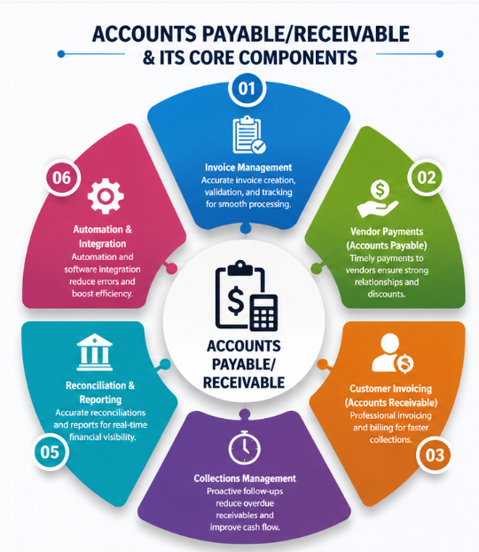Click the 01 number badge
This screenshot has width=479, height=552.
247,88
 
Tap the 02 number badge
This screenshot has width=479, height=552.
426,177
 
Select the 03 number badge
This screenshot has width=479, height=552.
435,455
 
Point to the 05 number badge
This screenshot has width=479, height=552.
50,452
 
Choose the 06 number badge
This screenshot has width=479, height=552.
61,177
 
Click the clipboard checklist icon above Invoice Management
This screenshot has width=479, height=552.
249,135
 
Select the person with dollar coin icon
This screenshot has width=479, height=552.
392,353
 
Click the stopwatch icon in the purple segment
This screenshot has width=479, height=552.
245,447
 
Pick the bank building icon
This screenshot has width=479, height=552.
95,351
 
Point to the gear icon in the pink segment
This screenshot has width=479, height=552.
106,196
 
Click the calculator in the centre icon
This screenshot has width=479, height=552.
263,312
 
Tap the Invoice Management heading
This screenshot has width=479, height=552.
248,167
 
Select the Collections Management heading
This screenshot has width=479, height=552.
245,478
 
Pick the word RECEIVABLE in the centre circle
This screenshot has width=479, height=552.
244,382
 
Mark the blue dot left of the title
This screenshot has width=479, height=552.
61,54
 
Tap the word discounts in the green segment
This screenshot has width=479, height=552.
387,294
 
